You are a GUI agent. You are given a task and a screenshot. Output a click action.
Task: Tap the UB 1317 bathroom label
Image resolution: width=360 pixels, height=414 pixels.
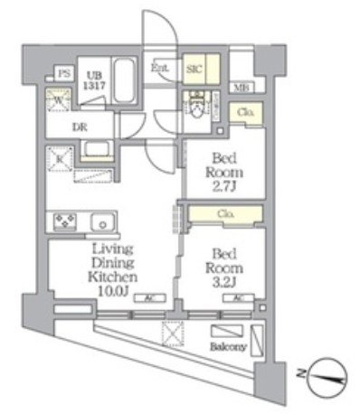click(x=94, y=80)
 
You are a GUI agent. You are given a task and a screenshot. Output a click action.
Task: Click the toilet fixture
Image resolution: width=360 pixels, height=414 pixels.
click(x=194, y=101)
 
